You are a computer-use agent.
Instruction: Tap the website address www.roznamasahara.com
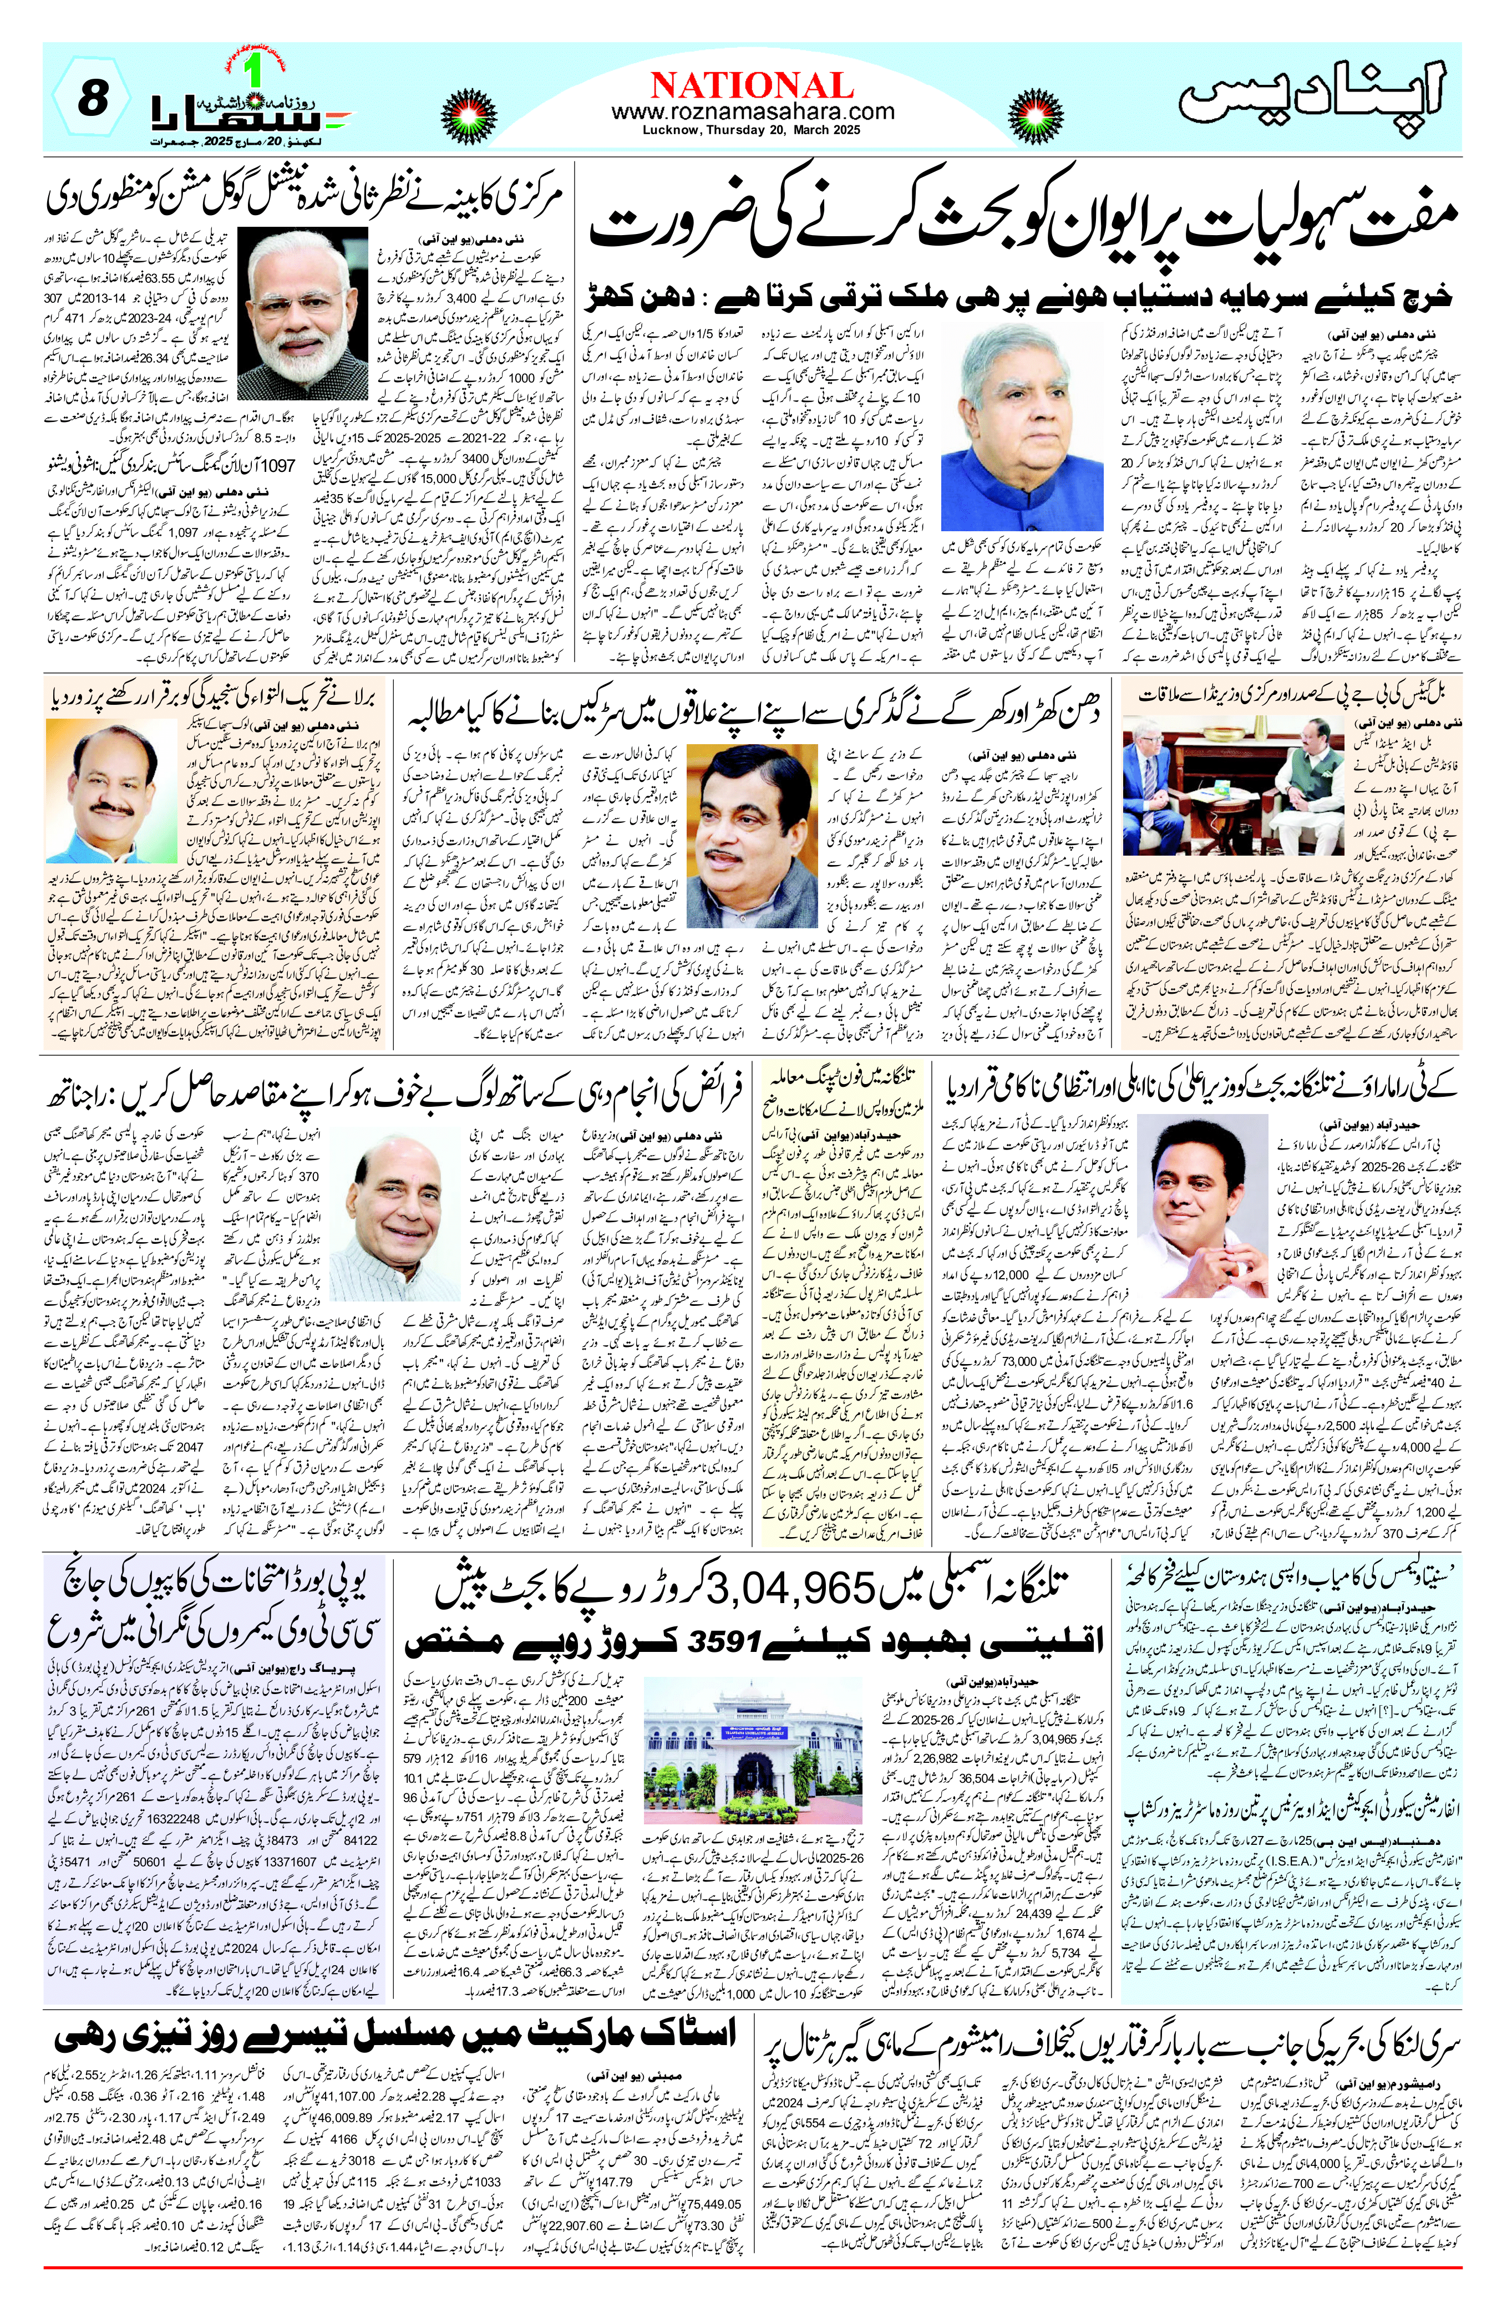coord(753,113)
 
